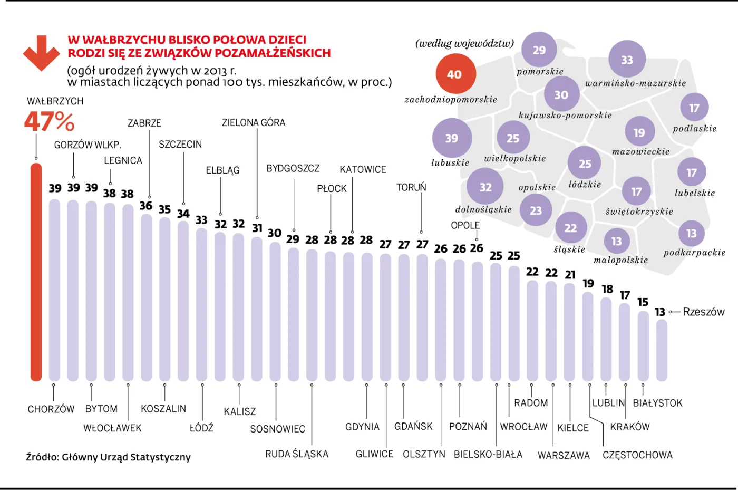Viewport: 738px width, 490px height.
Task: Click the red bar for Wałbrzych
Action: [36, 272]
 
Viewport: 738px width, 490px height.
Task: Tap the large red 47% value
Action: [49, 122]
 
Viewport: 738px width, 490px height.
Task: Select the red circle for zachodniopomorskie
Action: [455, 74]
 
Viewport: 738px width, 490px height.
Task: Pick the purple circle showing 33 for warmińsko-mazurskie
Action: [627, 60]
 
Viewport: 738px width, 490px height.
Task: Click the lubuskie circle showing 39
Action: [452, 138]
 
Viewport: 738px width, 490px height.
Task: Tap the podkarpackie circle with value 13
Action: [691, 233]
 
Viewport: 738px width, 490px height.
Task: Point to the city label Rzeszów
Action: [703, 312]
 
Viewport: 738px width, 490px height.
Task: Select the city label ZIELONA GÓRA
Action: [253, 123]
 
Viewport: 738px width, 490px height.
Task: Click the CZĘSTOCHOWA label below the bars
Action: [637, 455]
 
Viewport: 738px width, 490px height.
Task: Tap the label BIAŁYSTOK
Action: [657, 403]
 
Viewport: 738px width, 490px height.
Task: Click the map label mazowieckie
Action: [640, 152]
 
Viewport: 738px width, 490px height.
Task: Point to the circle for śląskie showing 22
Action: [571, 228]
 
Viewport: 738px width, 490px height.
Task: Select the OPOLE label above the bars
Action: [465, 225]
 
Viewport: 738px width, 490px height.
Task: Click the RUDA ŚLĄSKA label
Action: [296, 454]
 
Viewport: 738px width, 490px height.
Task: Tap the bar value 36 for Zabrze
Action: [146, 206]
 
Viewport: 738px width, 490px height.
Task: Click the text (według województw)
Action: [464, 43]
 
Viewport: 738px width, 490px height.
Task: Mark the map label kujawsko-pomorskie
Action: [565, 116]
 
